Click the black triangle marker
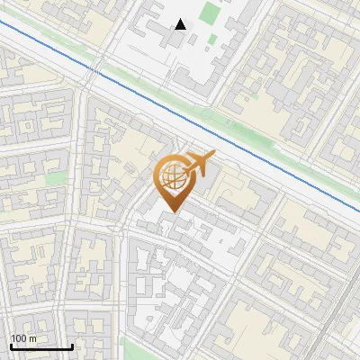pos(181,24)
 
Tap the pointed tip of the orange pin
pos(172,213)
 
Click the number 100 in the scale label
pos(20,338)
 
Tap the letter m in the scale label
pos(33,338)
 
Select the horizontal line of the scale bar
pos(40,347)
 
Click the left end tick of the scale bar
pos(10,346)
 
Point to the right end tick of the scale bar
pos(72,346)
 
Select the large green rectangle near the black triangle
pos(210,13)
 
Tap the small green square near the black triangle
pos(212,39)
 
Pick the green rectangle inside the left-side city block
pos(56,178)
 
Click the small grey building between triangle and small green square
pos(199,35)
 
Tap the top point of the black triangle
pos(181,19)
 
